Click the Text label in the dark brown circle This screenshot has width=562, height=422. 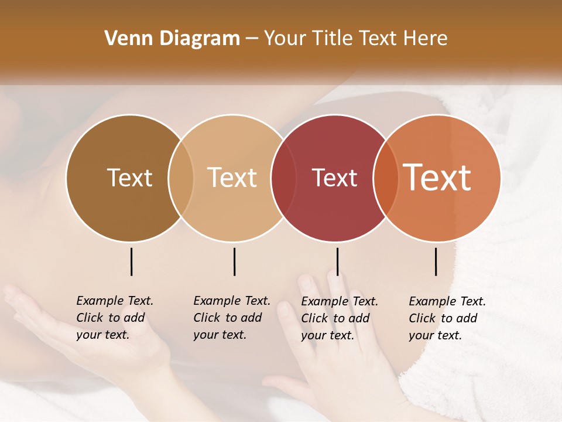click(129, 178)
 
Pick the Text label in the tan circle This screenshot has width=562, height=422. click(232, 178)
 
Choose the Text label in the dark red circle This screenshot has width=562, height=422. click(334, 178)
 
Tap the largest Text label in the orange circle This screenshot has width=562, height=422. click(437, 178)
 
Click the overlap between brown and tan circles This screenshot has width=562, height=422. click(181, 178)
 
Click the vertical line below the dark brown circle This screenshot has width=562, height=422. click(132, 261)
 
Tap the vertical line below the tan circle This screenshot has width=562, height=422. click(234, 261)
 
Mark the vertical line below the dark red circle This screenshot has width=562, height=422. click(338, 261)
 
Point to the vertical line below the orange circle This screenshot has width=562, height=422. click(436, 261)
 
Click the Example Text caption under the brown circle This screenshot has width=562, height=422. click(115, 318)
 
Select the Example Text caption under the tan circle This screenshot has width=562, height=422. click(232, 318)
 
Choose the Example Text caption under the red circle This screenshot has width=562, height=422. click(340, 318)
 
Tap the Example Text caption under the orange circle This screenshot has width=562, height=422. click(447, 318)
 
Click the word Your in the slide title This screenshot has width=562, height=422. click(286, 39)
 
